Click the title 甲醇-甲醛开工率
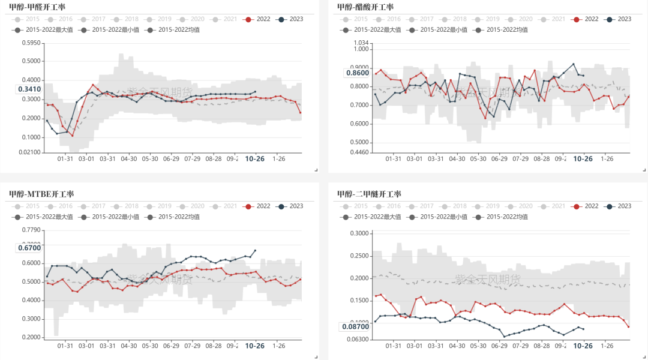pos(37,7)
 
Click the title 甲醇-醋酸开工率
pos(365,7)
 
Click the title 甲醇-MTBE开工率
pos(41,194)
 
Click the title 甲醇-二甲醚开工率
pos(369,194)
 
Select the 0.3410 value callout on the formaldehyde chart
pos(29,89)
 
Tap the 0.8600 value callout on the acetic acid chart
pos(357,73)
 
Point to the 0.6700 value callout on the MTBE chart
pos(29,247)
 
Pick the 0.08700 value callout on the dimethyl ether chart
pos(355,327)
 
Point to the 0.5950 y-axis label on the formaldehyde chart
pos(31,43)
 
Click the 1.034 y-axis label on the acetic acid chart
pos(360,43)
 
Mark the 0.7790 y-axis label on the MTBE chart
pos(31,230)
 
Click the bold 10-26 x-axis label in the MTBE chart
pos(256,346)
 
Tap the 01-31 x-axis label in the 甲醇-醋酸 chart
pos(393,159)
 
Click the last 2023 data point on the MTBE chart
pos(255,251)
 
